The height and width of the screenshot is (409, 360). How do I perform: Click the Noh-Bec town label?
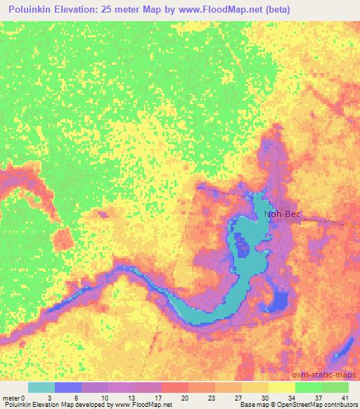(281, 214)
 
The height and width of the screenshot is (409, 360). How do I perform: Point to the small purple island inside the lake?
(243, 247)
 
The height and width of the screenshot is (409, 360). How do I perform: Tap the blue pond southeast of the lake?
(281, 302)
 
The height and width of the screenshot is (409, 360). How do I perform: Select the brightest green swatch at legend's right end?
(335, 388)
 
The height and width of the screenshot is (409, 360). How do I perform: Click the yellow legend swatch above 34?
(282, 388)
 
